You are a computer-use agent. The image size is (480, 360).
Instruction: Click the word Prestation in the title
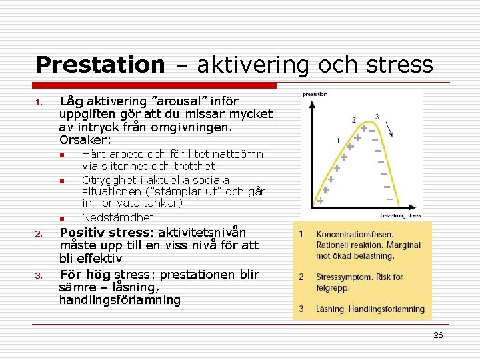[x=99, y=65]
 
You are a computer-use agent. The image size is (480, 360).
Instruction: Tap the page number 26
[x=438, y=335]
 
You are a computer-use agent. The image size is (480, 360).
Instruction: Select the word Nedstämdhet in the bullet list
[x=117, y=217]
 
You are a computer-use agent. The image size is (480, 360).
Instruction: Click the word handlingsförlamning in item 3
[x=120, y=300]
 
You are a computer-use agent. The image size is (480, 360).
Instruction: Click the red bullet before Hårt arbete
[x=61, y=155]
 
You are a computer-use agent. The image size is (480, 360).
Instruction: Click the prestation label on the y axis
[x=315, y=94]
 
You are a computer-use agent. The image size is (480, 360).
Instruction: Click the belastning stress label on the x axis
[x=401, y=215]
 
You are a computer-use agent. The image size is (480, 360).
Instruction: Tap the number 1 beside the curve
[x=338, y=141]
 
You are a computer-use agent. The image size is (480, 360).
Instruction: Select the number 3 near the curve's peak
[x=377, y=117]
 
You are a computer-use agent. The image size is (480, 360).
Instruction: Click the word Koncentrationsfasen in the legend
[x=354, y=234]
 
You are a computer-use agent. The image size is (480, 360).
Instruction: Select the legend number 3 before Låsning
[x=301, y=309]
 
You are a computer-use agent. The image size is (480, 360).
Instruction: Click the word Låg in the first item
[x=71, y=102]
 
